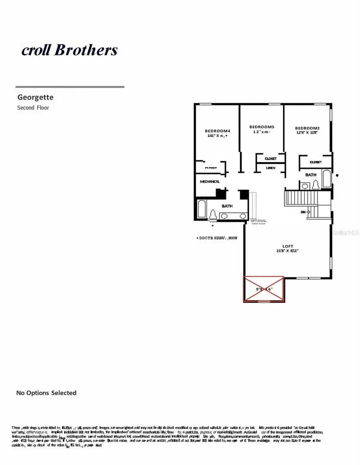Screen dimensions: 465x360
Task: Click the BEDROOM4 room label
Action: pyautogui.click(x=217, y=131)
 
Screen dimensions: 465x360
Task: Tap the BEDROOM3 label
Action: pyautogui.click(x=262, y=127)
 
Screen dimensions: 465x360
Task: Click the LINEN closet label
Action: pyautogui.click(x=271, y=168)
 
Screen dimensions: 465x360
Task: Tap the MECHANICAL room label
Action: pyautogui.click(x=210, y=182)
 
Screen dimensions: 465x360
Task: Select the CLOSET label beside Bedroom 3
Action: pyautogui.click(x=270, y=159)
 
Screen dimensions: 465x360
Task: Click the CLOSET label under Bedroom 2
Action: pyautogui.click(x=316, y=162)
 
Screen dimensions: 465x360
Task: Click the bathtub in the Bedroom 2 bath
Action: pyautogui.click(x=326, y=179)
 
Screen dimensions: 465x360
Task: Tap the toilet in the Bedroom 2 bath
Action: pyautogui.click(x=315, y=184)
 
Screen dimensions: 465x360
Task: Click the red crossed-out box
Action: pyautogui.click(x=264, y=289)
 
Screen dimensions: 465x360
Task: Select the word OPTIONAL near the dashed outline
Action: pyautogui.click(x=258, y=221)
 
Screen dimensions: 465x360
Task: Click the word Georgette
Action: pyautogui.click(x=35, y=97)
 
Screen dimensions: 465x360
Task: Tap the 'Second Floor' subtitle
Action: pyautogui.click(x=33, y=108)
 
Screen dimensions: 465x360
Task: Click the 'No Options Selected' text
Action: pyautogui.click(x=46, y=393)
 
